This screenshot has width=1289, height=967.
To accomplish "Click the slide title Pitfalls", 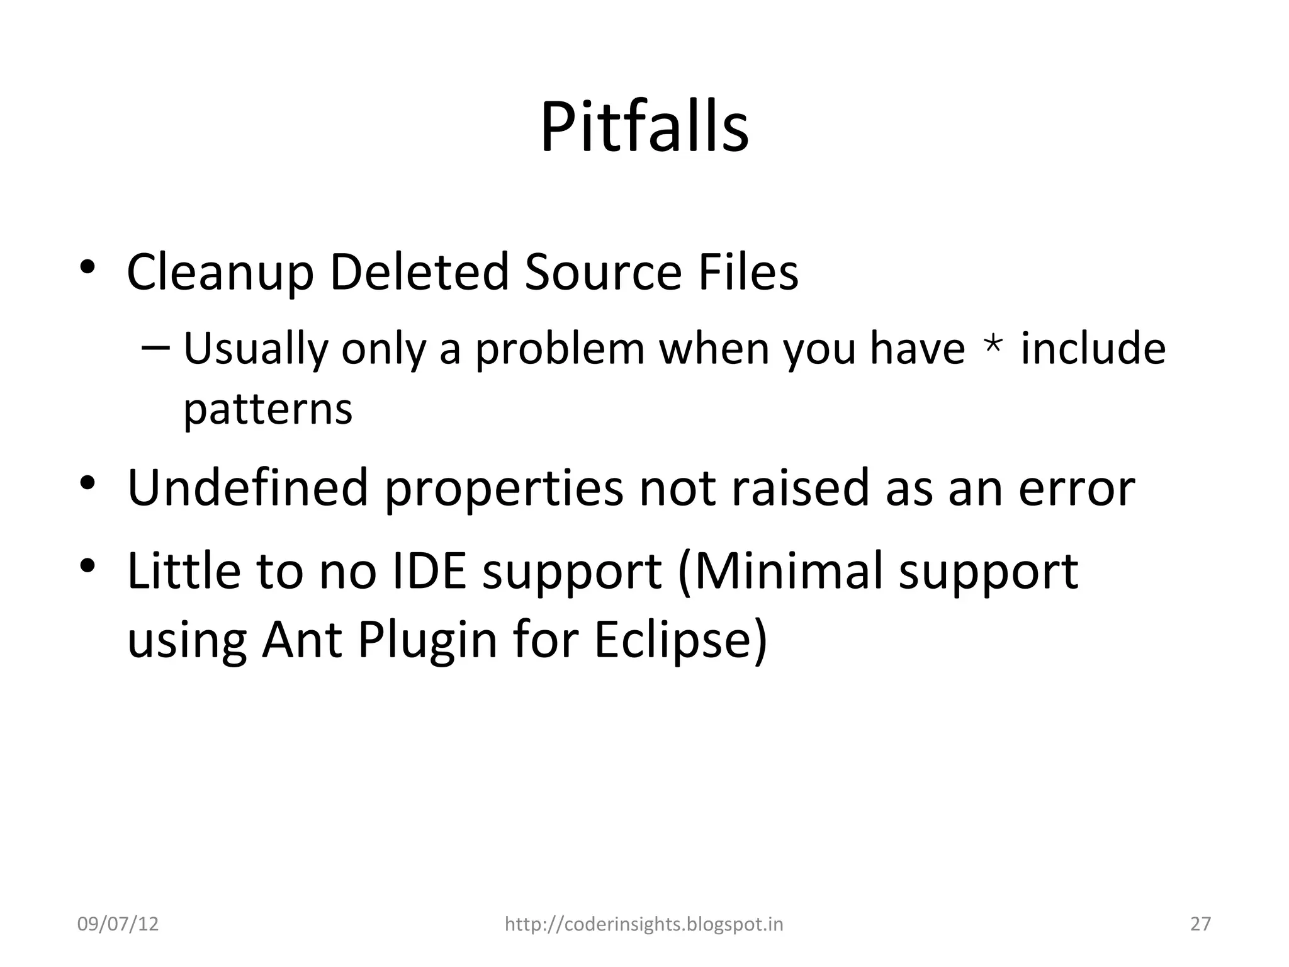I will pos(644,128).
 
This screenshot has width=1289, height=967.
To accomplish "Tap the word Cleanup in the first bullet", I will pos(220,272).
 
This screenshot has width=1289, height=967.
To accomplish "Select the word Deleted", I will pos(419,272).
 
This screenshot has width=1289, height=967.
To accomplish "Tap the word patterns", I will pos(267,410).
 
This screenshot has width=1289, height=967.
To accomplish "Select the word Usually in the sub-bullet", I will pos(255,349).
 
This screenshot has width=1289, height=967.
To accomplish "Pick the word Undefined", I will pos(247,487).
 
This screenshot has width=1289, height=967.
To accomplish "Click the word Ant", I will pos(302,640).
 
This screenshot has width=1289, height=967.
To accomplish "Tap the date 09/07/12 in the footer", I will pos(118,924).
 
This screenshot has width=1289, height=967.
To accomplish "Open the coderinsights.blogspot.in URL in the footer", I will pos(644,924).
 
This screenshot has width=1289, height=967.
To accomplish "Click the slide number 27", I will pos(1201,924).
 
